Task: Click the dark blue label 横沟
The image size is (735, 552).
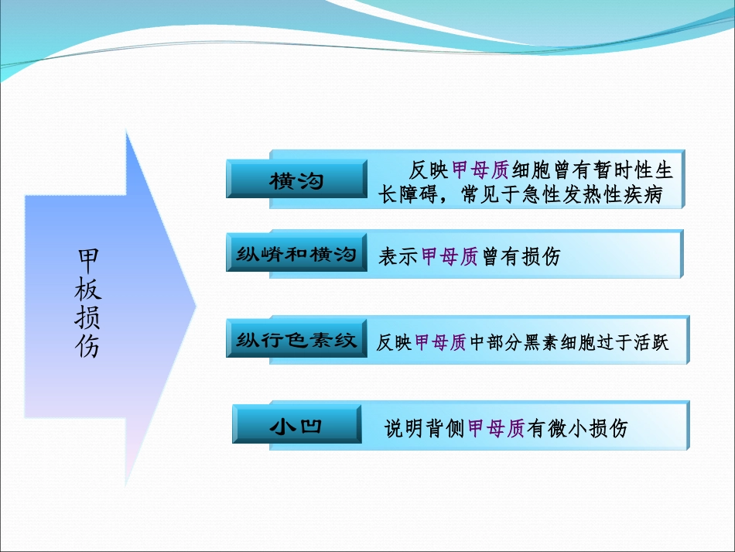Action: [296, 180]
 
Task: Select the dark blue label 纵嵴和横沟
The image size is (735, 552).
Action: [296, 254]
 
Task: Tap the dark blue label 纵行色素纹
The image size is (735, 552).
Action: [296, 340]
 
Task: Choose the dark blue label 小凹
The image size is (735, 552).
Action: [296, 425]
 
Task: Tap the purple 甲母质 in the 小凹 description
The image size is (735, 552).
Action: [497, 428]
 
